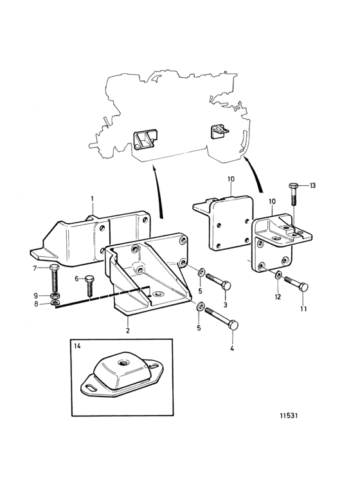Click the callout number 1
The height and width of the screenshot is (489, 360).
point(93,198)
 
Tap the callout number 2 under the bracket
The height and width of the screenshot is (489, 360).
point(128,330)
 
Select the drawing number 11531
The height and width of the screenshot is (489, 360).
point(289,416)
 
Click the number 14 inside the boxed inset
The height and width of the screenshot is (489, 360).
point(77,346)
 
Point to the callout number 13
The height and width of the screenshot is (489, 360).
point(312,185)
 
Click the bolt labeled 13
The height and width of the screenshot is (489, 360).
point(294,194)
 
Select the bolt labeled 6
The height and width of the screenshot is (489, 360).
point(89,285)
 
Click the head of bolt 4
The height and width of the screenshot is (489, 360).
point(233,326)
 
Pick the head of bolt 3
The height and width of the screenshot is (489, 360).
point(226,285)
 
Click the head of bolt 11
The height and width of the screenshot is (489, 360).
point(303,287)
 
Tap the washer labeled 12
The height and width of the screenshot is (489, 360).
point(278,275)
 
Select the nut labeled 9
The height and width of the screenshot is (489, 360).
point(55,295)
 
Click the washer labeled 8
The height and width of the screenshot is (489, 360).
point(55,302)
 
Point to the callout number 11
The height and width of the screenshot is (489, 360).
point(303,309)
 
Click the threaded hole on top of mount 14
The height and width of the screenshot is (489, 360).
point(122,362)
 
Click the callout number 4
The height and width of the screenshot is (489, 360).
point(232,348)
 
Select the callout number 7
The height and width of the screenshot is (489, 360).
point(35,268)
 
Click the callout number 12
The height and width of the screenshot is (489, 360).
point(278,297)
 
